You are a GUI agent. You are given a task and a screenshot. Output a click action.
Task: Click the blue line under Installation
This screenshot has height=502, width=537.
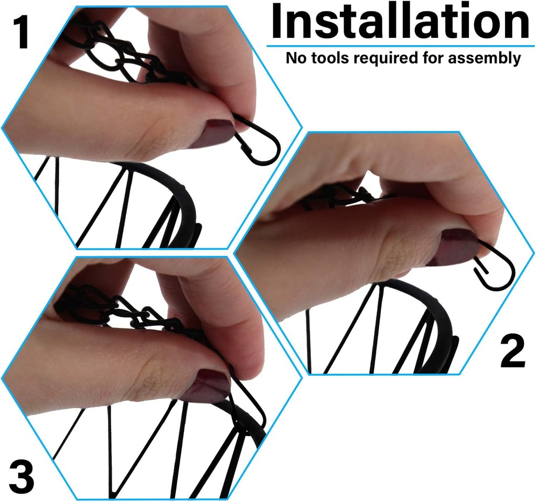pyautogui.click(x=401, y=46)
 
